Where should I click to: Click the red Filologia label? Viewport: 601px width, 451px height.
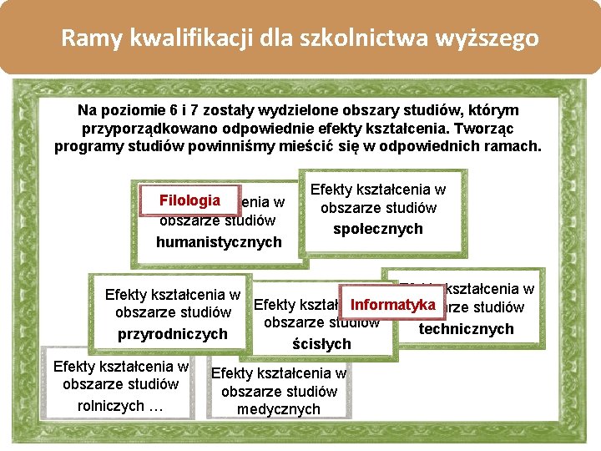click(189, 200)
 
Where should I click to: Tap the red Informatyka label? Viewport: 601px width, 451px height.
click(393, 304)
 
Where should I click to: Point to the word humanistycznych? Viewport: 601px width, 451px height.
click(219, 242)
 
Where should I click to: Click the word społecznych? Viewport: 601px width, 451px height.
click(378, 229)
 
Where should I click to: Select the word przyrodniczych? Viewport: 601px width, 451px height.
click(172, 334)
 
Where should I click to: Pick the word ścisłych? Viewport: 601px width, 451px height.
click(321, 344)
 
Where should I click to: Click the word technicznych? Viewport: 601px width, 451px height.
click(466, 329)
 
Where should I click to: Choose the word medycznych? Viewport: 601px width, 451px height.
click(279, 409)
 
